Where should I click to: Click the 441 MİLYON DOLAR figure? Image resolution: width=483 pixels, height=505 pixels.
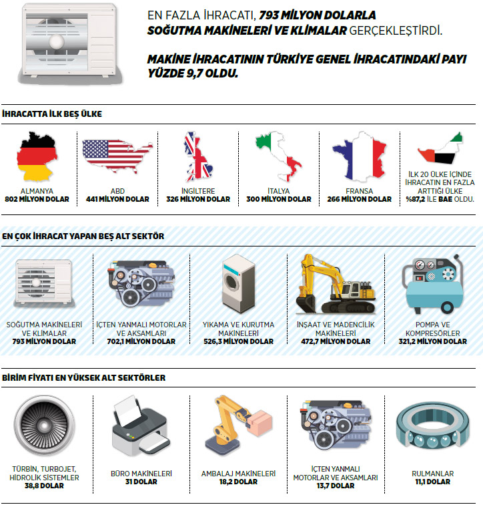point(118,199)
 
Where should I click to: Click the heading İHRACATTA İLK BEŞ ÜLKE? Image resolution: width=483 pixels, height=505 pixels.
point(52,114)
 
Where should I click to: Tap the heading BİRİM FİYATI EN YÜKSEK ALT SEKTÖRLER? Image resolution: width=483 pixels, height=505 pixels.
point(84,378)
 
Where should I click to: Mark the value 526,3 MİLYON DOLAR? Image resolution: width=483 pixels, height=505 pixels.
point(239,341)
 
